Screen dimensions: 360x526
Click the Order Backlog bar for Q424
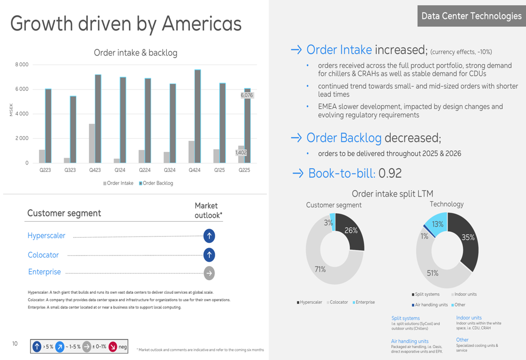(x=197, y=116)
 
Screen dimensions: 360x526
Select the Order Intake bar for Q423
(x=92, y=143)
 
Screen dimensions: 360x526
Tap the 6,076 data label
(x=247, y=95)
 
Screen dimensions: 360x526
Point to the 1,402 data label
(x=241, y=152)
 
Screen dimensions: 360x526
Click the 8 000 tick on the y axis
(x=22, y=65)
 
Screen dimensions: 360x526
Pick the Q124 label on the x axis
(x=120, y=170)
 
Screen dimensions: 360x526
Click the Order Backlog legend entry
(x=156, y=183)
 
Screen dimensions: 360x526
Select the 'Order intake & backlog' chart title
(x=135, y=53)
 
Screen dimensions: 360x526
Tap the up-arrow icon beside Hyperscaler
(x=209, y=235)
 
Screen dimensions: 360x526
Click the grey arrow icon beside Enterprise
(x=209, y=273)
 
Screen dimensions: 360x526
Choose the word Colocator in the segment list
(x=43, y=255)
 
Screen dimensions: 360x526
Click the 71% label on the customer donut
(x=320, y=269)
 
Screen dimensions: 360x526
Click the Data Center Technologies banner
(x=471, y=16)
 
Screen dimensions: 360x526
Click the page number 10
(x=15, y=344)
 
